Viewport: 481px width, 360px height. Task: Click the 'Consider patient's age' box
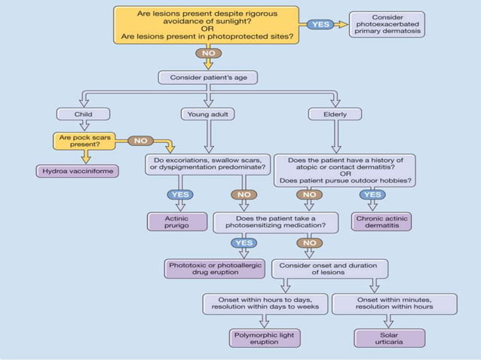pos(207,78)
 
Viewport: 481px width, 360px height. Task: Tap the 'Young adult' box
pos(208,114)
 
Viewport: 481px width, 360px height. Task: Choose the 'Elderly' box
pos(335,114)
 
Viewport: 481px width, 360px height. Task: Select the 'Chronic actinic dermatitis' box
pos(381,222)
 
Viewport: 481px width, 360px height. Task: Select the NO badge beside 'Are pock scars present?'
pos(140,140)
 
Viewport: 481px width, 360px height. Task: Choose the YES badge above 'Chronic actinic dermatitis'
pos(372,194)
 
